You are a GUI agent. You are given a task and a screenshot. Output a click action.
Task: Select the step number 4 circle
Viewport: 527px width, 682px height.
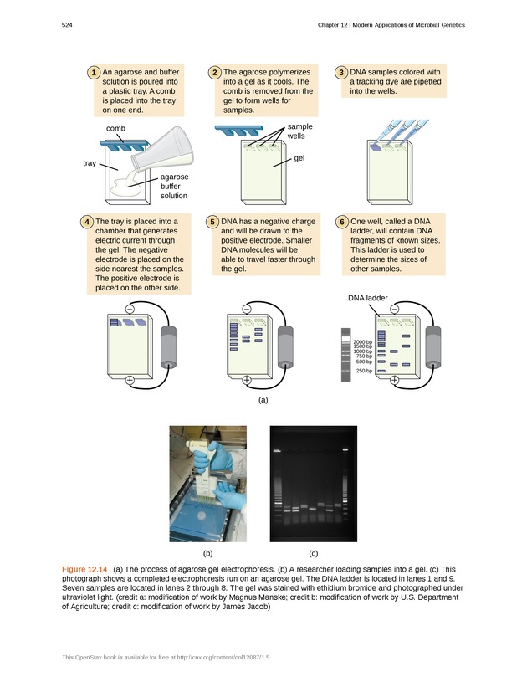[88, 222]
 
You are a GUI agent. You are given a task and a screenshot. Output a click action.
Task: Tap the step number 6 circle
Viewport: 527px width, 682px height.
[342, 222]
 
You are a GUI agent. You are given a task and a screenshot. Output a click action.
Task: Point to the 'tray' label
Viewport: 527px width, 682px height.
[89, 162]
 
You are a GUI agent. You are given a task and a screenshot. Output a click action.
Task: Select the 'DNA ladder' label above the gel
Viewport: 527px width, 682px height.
[368, 297]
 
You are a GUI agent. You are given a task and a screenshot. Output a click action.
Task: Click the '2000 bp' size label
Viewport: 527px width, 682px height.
[362, 342]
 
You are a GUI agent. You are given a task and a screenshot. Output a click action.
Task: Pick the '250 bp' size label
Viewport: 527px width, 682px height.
[364, 371]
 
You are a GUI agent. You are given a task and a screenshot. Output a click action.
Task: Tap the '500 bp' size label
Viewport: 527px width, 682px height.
[364, 361]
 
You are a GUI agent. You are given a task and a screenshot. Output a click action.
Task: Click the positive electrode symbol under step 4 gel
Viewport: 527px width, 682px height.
[130, 381]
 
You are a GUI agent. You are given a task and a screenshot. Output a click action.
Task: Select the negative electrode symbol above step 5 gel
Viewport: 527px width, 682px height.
[247, 309]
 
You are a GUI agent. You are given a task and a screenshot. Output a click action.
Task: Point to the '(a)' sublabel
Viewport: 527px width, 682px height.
[263, 401]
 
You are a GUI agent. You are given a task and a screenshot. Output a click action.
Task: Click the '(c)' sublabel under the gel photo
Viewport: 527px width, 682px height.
[313, 553]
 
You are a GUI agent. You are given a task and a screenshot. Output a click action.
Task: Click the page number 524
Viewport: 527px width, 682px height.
[68, 25]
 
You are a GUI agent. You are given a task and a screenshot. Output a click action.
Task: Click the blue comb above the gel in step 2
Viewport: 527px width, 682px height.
[236, 129]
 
